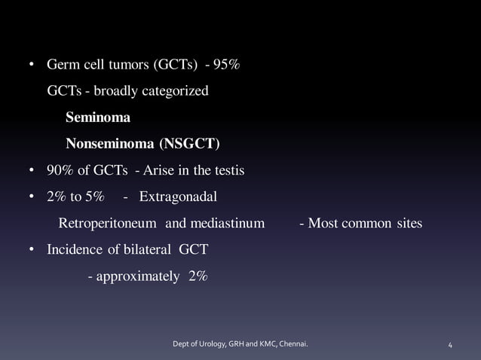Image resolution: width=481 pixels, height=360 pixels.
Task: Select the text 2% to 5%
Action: [x=75, y=197]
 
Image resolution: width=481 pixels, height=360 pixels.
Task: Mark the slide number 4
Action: [x=450, y=345]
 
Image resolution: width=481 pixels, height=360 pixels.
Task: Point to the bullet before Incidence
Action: [x=32, y=250]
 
